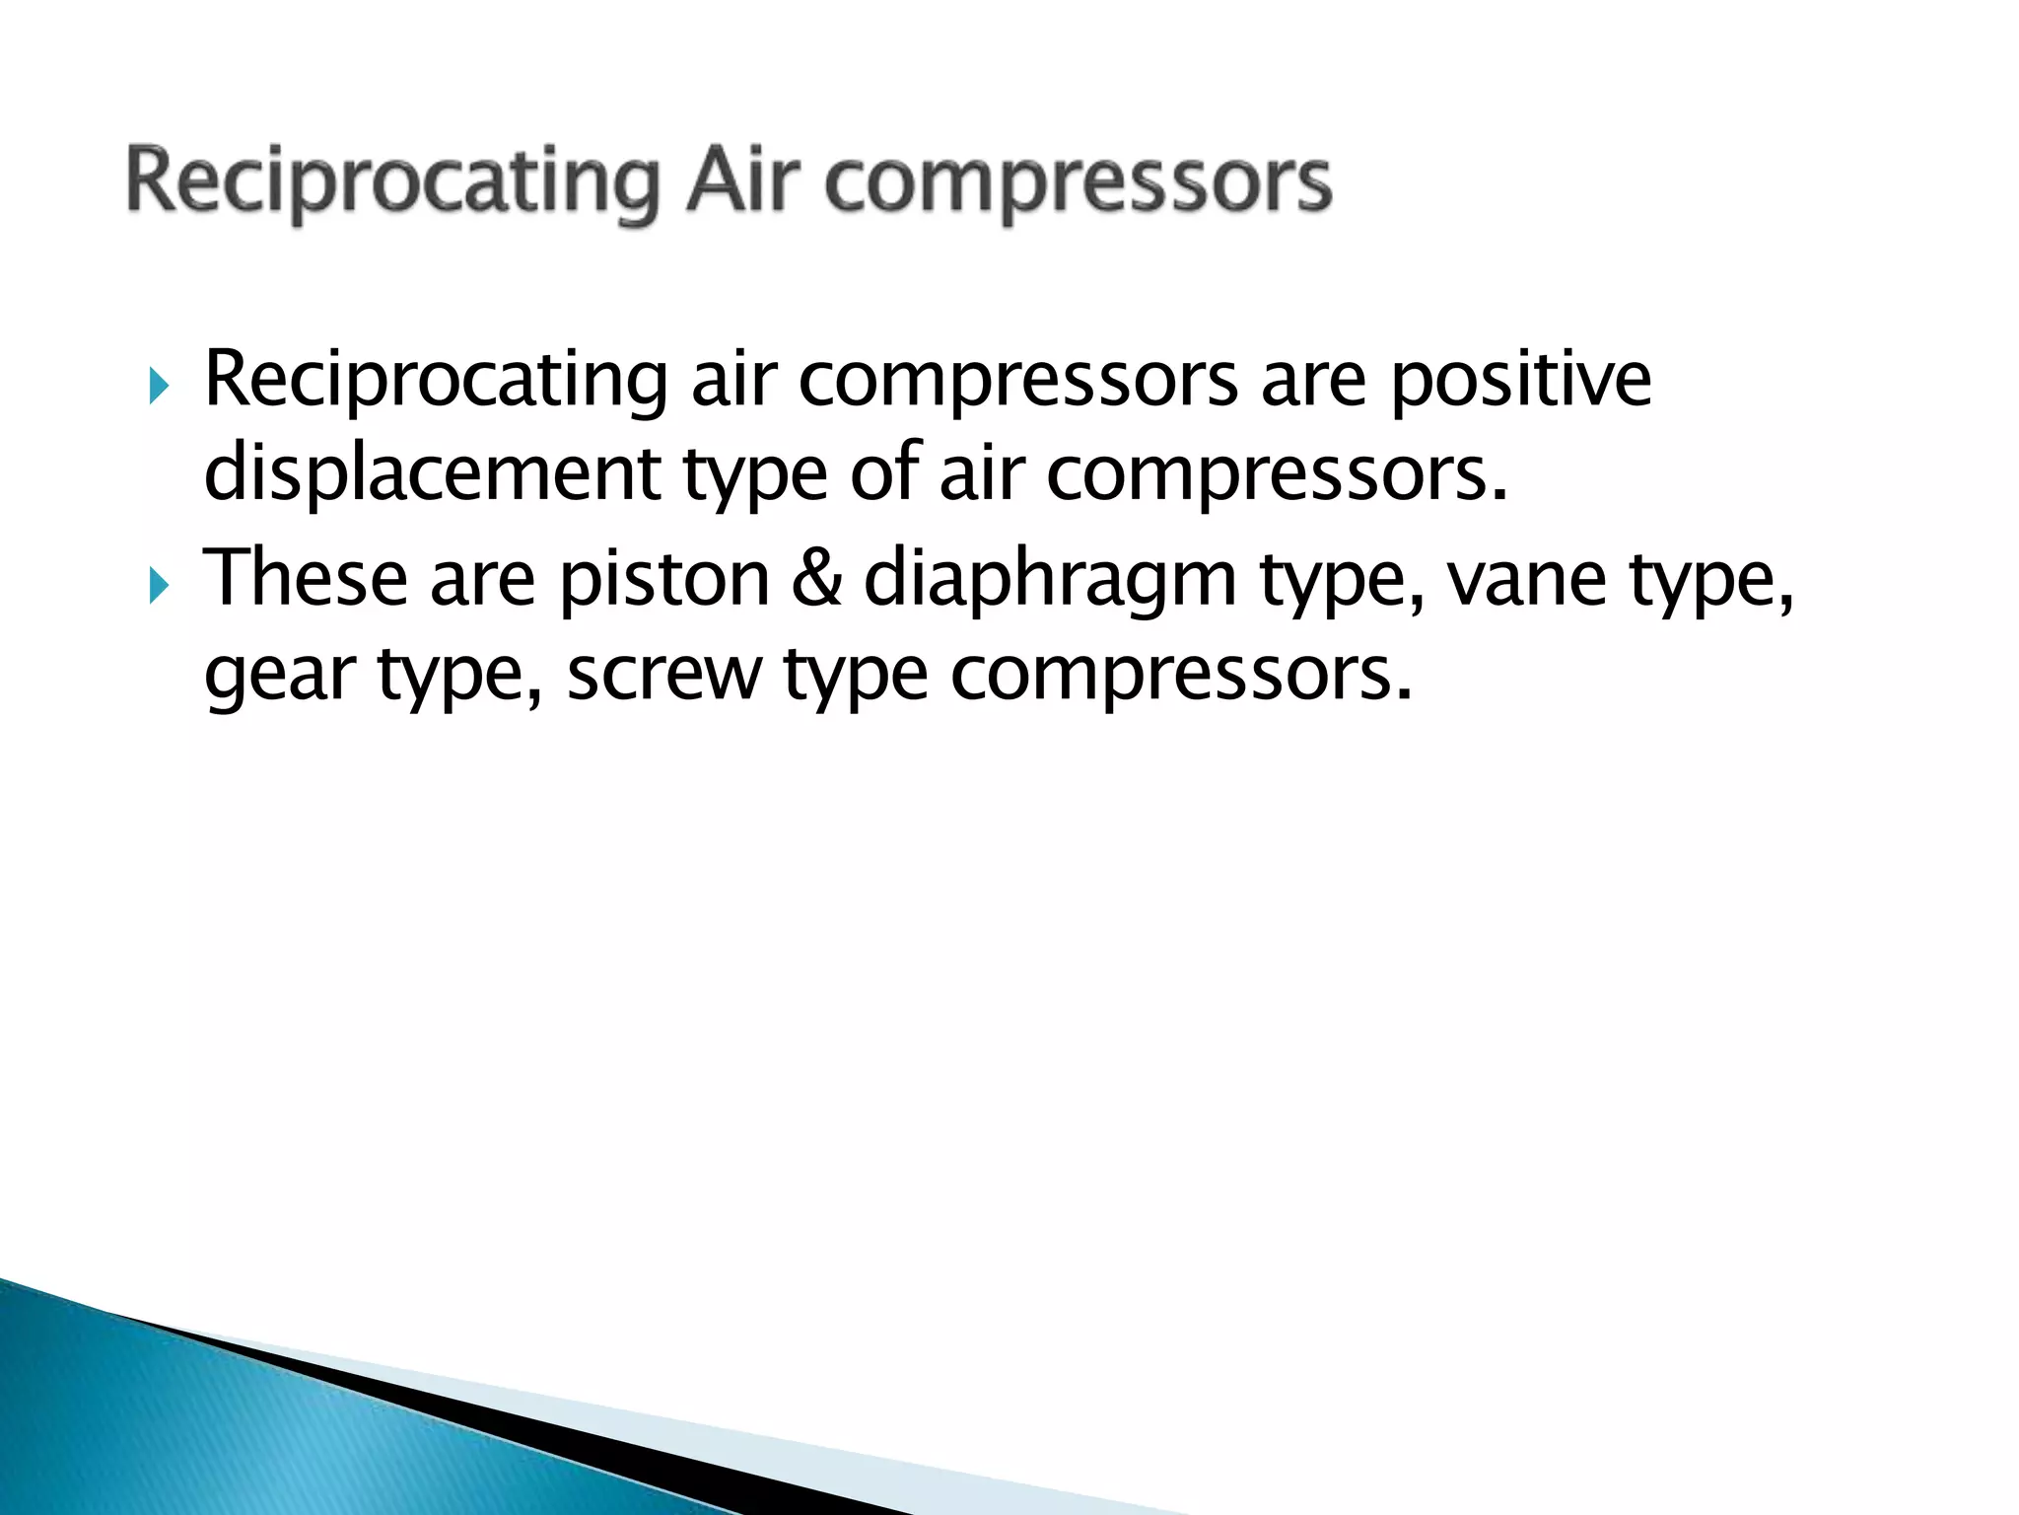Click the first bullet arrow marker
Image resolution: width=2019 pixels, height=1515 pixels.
click(x=159, y=386)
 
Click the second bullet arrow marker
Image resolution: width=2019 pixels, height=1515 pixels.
click(x=159, y=586)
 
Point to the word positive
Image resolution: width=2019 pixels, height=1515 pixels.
click(x=1519, y=381)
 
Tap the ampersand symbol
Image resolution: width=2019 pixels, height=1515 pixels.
click(x=816, y=579)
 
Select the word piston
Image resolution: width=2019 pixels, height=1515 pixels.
click(x=663, y=579)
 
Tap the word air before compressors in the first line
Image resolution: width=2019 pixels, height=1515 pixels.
click(x=733, y=381)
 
